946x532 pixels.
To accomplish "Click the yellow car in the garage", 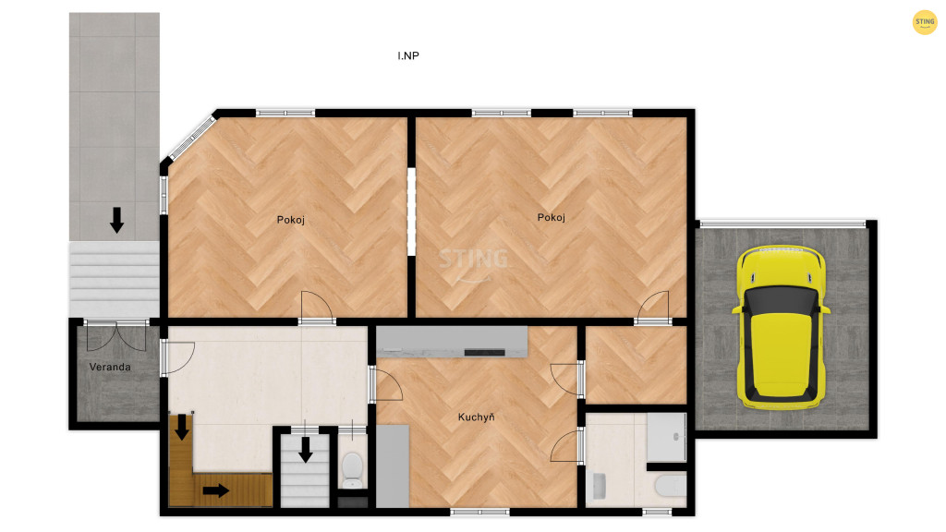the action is [x=781, y=326].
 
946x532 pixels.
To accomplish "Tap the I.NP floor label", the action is [x=407, y=55].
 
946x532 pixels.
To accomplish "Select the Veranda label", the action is [x=110, y=367].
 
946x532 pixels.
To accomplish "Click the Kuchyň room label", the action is [x=476, y=417].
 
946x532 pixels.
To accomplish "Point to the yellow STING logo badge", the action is [x=924, y=22].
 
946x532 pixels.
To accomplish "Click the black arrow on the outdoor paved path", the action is [x=116, y=220].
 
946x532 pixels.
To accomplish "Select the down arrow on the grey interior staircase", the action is [x=305, y=450].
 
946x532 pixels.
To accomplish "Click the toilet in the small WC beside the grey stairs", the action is [x=352, y=470].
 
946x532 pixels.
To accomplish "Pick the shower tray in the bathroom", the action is [x=667, y=437].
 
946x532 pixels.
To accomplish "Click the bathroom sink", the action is [x=599, y=486].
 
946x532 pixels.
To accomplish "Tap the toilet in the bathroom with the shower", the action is [x=671, y=486].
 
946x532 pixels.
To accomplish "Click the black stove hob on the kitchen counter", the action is [x=484, y=352].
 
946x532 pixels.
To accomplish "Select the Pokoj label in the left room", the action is [x=291, y=220].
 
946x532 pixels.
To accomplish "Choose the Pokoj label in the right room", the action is [x=552, y=218].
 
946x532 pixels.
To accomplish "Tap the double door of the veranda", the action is [x=115, y=336].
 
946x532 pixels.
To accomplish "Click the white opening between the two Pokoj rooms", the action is [x=411, y=212].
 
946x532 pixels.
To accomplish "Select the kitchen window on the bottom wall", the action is [x=479, y=512].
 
